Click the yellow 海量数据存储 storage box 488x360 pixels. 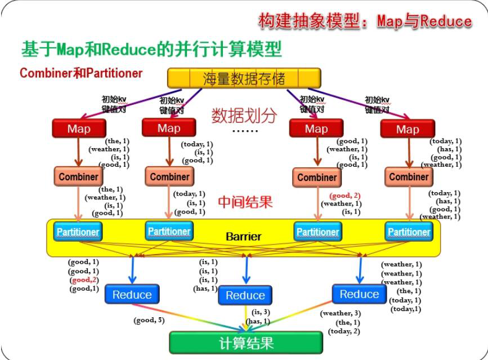(x=244, y=78)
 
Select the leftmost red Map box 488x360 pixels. (x=78, y=128)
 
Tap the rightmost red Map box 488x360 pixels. (x=407, y=129)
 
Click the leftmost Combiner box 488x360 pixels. (x=78, y=176)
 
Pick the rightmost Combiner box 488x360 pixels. (x=409, y=176)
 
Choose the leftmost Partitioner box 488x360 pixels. (x=78, y=232)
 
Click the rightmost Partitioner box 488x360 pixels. (x=409, y=232)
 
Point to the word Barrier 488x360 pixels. (x=243, y=237)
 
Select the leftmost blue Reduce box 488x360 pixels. (x=132, y=294)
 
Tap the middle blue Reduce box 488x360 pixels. (x=245, y=295)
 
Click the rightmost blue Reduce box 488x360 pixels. (x=359, y=294)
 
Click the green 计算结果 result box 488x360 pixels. (x=246, y=342)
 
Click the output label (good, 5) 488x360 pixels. (x=149, y=321)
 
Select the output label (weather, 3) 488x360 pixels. (x=341, y=313)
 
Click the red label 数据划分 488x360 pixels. (x=244, y=115)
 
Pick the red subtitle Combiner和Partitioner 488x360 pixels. (x=80, y=73)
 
